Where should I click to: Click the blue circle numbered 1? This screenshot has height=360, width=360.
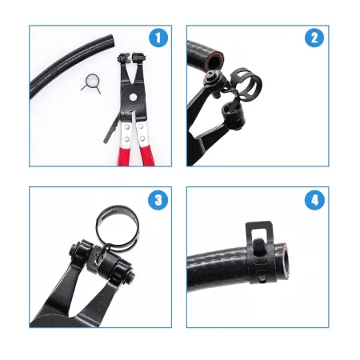158,38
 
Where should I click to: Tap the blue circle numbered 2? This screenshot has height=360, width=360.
314,38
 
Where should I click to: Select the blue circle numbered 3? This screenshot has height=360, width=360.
158,200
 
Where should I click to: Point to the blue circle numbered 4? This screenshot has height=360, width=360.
314,200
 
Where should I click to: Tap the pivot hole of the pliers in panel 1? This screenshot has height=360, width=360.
133,97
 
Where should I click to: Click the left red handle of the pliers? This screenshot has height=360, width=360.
125,157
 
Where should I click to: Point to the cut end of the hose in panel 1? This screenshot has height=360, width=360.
112,41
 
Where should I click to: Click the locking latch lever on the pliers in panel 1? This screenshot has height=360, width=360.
110,130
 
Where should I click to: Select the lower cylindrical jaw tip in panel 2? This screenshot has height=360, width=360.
234,116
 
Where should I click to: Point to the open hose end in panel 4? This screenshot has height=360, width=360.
285,259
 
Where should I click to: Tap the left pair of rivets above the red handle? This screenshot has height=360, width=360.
127,133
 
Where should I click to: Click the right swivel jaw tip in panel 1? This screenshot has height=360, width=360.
138,58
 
